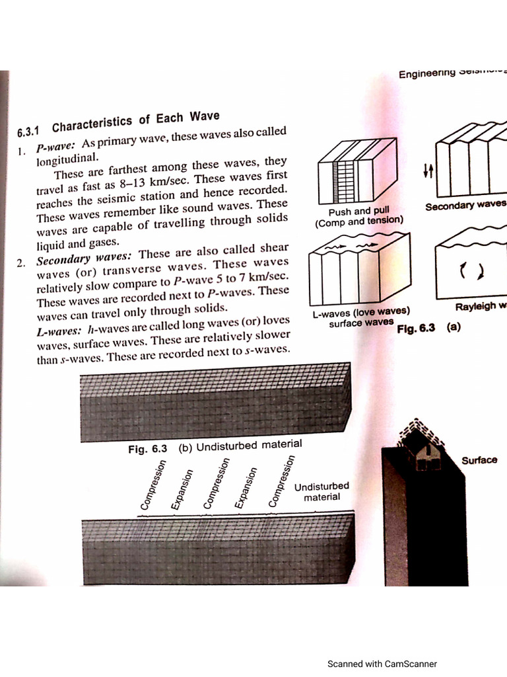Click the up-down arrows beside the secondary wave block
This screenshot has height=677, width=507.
click(x=427, y=171)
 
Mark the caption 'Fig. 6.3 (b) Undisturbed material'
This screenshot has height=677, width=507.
click(x=215, y=446)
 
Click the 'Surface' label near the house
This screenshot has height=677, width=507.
click(x=479, y=460)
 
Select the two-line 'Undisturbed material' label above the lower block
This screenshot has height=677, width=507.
click(x=321, y=491)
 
